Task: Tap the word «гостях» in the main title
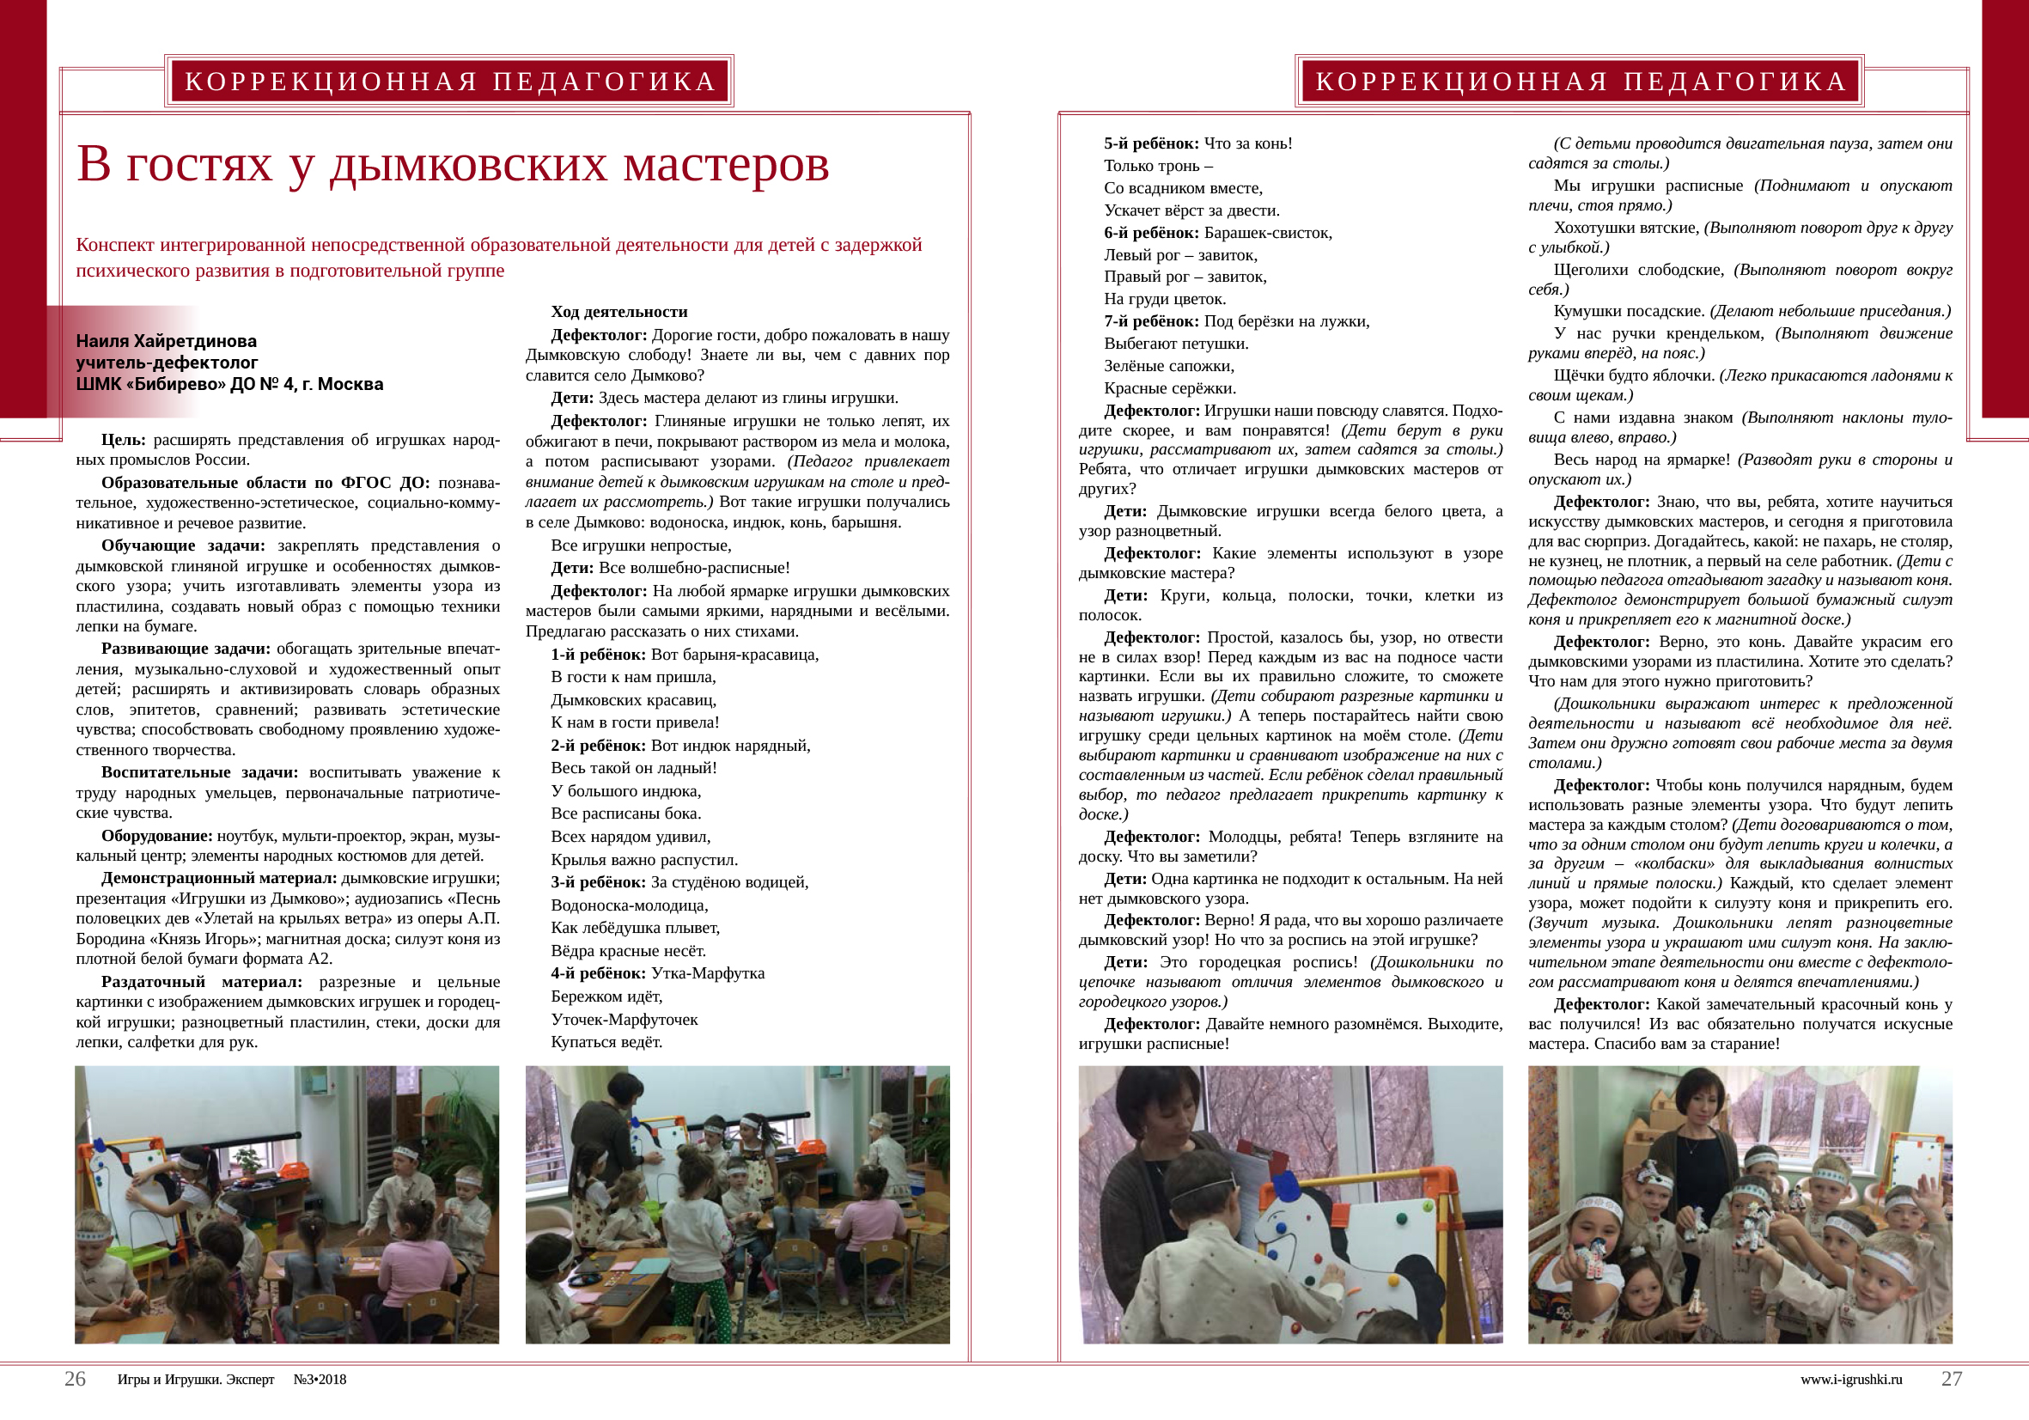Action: coord(198,165)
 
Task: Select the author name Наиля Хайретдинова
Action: coord(166,341)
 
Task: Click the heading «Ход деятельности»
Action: coord(618,312)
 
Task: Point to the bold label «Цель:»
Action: coord(124,440)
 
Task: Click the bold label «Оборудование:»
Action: coord(156,836)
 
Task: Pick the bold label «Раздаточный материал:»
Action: coord(202,982)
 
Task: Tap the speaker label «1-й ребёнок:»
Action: coord(597,655)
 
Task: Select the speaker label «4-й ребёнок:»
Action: coord(597,974)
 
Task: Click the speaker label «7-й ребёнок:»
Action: coord(1150,321)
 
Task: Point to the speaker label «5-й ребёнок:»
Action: coord(1150,143)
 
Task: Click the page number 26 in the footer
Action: coord(75,1380)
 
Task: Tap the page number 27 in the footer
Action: coord(1951,1380)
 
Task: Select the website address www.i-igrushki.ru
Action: coord(1850,1380)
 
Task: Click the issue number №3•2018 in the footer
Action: coord(320,1380)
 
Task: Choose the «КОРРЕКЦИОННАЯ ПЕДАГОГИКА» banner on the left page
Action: coord(449,82)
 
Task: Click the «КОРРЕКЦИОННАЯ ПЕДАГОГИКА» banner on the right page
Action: coord(1580,82)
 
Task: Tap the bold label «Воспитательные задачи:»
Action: coord(199,772)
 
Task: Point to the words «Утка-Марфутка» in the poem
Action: coord(708,974)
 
